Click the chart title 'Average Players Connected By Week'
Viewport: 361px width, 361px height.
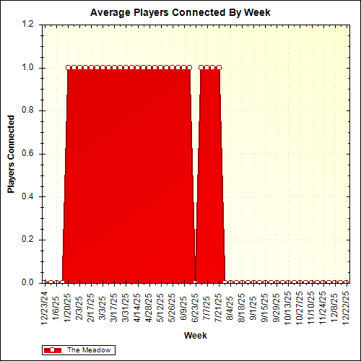point(180,13)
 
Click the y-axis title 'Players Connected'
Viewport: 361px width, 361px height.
point(11,154)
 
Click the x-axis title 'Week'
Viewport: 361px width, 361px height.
point(196,336)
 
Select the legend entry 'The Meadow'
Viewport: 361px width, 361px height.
point(89,349)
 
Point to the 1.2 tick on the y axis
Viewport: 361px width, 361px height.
point(28,25)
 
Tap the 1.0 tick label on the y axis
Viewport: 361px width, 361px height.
point(28,68)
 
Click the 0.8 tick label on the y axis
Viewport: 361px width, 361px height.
point(28,110)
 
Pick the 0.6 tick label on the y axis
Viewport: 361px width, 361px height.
point(28,154)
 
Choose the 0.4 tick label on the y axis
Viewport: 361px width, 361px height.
point(28,196)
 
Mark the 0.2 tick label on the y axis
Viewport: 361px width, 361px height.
point(28,240)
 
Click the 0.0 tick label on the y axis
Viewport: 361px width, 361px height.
point(28,282)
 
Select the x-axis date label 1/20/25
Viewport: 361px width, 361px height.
point(69,305)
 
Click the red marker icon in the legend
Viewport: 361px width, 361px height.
point(53,349)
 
